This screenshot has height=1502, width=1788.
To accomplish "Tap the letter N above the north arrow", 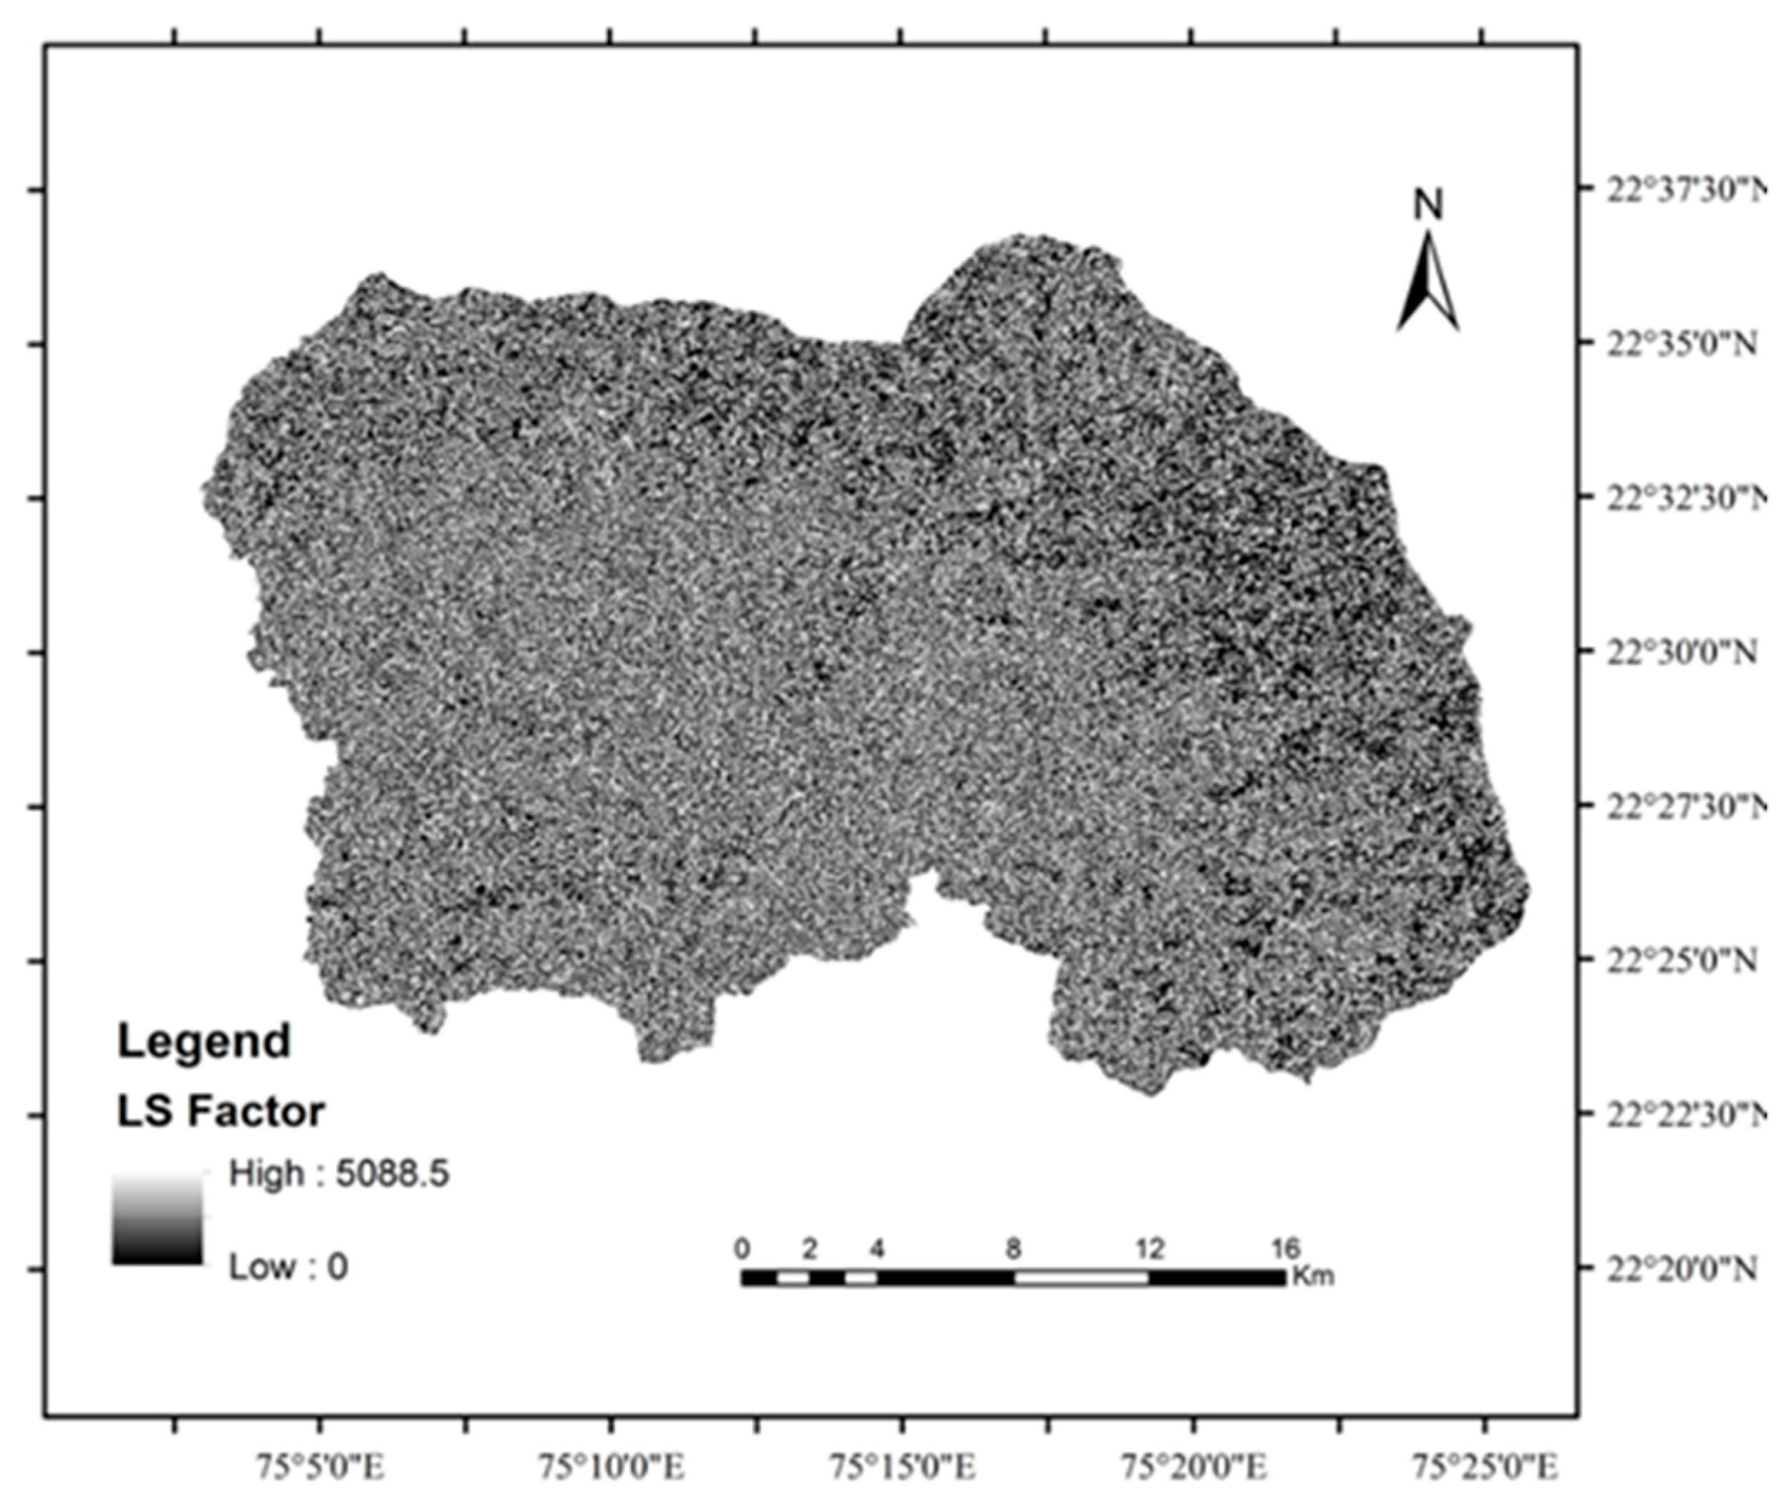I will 1429,204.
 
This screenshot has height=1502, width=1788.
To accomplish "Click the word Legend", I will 204,1041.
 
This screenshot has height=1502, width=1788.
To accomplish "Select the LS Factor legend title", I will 221,1112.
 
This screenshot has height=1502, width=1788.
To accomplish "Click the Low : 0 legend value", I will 289,1267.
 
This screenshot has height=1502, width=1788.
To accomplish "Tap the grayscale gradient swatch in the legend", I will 158,1218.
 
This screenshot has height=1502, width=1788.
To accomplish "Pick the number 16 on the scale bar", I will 1286,1249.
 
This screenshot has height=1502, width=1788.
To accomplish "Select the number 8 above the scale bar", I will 1013,1249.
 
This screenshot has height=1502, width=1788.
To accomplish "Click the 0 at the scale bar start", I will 742,1249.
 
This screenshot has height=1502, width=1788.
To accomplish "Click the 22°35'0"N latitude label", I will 1681,344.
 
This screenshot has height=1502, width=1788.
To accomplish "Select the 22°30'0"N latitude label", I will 1681,652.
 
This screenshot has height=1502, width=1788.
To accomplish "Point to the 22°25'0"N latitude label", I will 1681,961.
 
